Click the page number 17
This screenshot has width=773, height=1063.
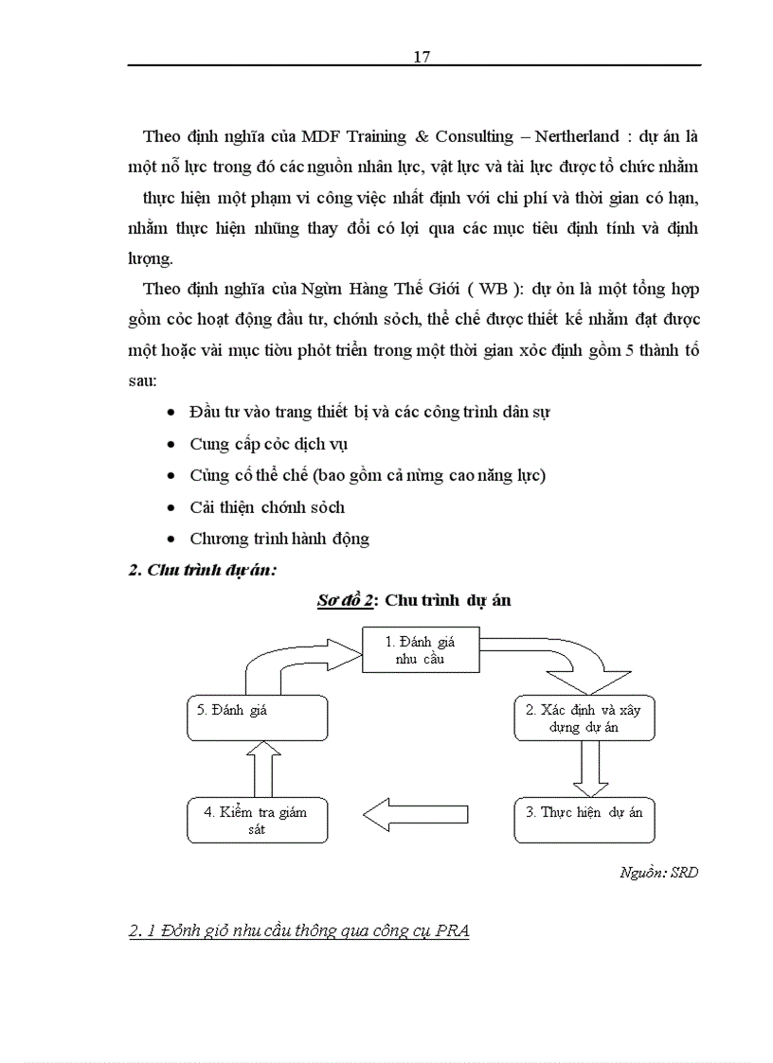pyautogui.click(x=422, y=57)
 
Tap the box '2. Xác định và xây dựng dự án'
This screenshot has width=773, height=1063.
pyautogui.click(x=584, y=719)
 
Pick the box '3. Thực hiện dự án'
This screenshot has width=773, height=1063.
pyautogui.click(x=584, y=812)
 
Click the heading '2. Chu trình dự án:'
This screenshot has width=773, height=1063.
pyautogui.click(x=201, y=569)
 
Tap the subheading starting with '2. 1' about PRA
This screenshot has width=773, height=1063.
pyautogui.click(x=299, y=931)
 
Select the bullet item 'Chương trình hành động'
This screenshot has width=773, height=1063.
pyautogui.click(x=279, y=539)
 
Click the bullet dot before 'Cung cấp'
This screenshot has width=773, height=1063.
pyautogui.click(x=170, y=444)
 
